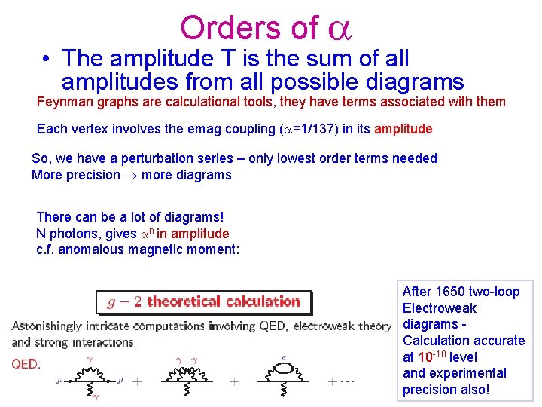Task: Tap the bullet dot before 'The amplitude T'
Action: click(x=46, y=58)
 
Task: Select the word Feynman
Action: click(x=65, y=102)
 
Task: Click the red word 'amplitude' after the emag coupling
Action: click(x=403, y=129)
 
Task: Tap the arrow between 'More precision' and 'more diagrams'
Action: click(x=129, y=175)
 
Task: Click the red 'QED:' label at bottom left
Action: click(x=26, y=363)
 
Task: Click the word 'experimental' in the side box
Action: click(x=467, y=373)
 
